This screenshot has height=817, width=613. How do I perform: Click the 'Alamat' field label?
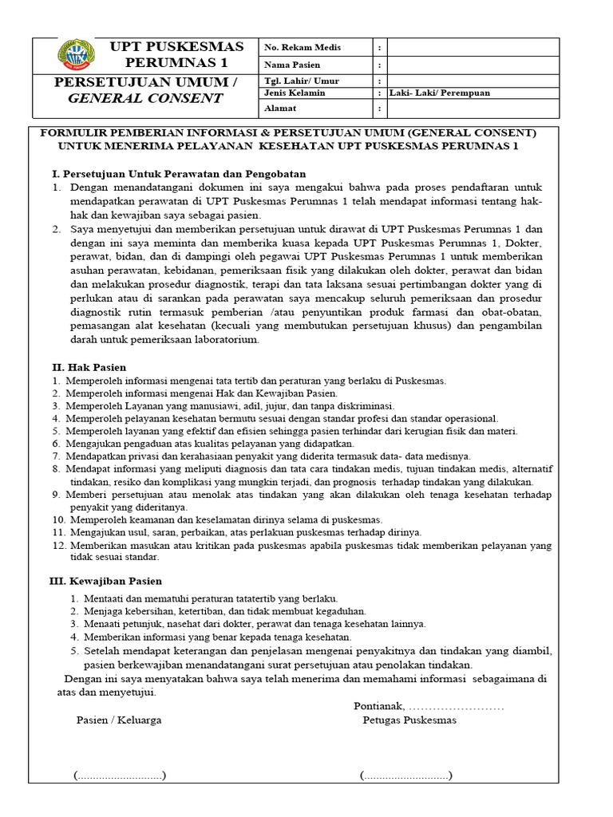click(x=280, y=108)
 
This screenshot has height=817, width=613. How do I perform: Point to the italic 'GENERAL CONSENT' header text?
click(x=145, y=98)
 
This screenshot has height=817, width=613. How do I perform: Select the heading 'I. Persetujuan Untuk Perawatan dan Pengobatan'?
click(x=179, y=174)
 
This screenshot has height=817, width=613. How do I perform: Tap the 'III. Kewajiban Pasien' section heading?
click(x=107, y=581)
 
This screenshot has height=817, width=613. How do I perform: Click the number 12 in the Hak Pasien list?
click(x=57, y=545)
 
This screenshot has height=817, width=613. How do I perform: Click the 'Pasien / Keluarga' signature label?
click(x=119, y=720)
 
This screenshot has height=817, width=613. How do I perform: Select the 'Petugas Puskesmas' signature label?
click(x=409, y=720)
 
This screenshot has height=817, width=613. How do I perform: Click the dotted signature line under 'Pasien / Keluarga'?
click(x=119, y=776)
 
